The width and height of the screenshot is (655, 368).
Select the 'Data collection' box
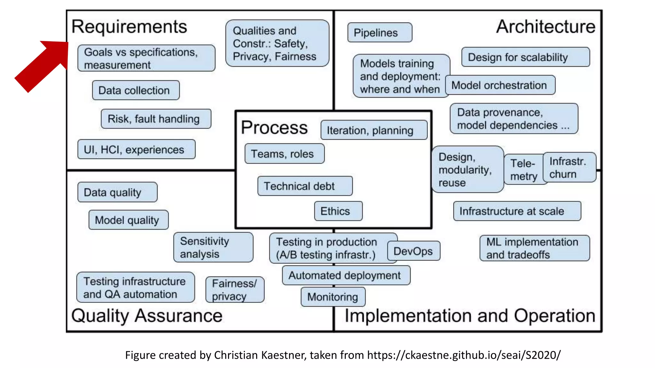click(136, 90)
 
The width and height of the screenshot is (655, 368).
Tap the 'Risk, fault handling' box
click(156, 119)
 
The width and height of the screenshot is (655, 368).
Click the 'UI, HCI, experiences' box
click(136, 149)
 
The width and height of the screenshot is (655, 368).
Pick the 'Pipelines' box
click(380, 33)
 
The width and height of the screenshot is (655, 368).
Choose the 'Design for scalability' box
click(525, 57)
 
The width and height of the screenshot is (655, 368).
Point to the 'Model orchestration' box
click(500, 85)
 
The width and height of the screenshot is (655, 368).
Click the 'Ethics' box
click(338, 211)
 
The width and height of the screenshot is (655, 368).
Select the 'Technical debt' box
click(305, 186)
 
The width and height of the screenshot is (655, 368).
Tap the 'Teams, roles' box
click(284, 154)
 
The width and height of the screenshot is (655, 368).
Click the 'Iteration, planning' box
click(374, 130)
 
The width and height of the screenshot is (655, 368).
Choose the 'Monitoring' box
click(333, 297)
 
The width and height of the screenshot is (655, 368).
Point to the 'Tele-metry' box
click(523, 170)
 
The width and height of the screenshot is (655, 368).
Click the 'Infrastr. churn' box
click(570, 168)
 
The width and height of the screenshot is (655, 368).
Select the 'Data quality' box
click(117, 192)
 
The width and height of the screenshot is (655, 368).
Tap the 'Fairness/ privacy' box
click(235, 290)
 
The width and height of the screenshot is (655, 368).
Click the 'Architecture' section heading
click(546, 27)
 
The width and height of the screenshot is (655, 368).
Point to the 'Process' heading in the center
click(274, 127)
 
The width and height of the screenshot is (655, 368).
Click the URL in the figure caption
click(464, 355)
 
